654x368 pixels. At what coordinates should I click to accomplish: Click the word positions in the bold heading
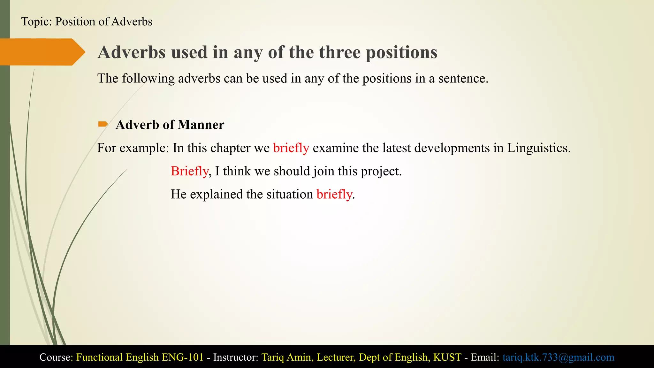click(x=401, y=52)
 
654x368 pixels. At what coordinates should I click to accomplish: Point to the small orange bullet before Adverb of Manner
click(x=103, y=124)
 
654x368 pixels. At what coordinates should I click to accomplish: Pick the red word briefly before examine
click(x=291, y=148)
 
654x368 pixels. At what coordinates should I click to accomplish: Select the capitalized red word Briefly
click(x=189, y=171)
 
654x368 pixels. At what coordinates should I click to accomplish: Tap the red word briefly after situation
click(x=334, y=194)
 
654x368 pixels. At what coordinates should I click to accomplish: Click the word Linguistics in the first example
click(x=538, y=148)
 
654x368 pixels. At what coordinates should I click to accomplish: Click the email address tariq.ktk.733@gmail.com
click(x=558, y=357)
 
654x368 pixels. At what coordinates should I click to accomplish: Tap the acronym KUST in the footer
click(x=447, y=357)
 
